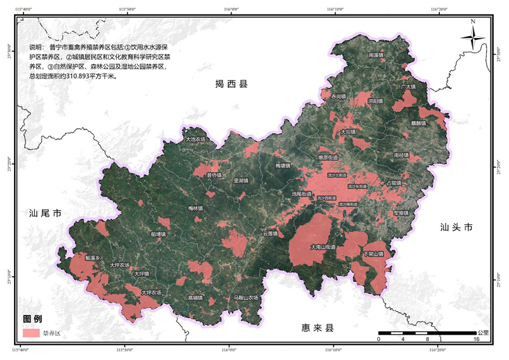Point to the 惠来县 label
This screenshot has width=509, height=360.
[317, 328]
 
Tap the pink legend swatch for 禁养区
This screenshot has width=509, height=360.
[31, 333]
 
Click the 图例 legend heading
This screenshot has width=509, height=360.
[32, 319]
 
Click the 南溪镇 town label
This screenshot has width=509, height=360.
[377, 55]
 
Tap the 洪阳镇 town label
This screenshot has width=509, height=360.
[375, 101]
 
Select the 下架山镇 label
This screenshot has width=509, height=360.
[372, 254]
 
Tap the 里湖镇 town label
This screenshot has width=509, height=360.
[241, 180]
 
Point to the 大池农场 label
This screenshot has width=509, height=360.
[196, 139]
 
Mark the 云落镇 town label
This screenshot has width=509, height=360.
[271, 233]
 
